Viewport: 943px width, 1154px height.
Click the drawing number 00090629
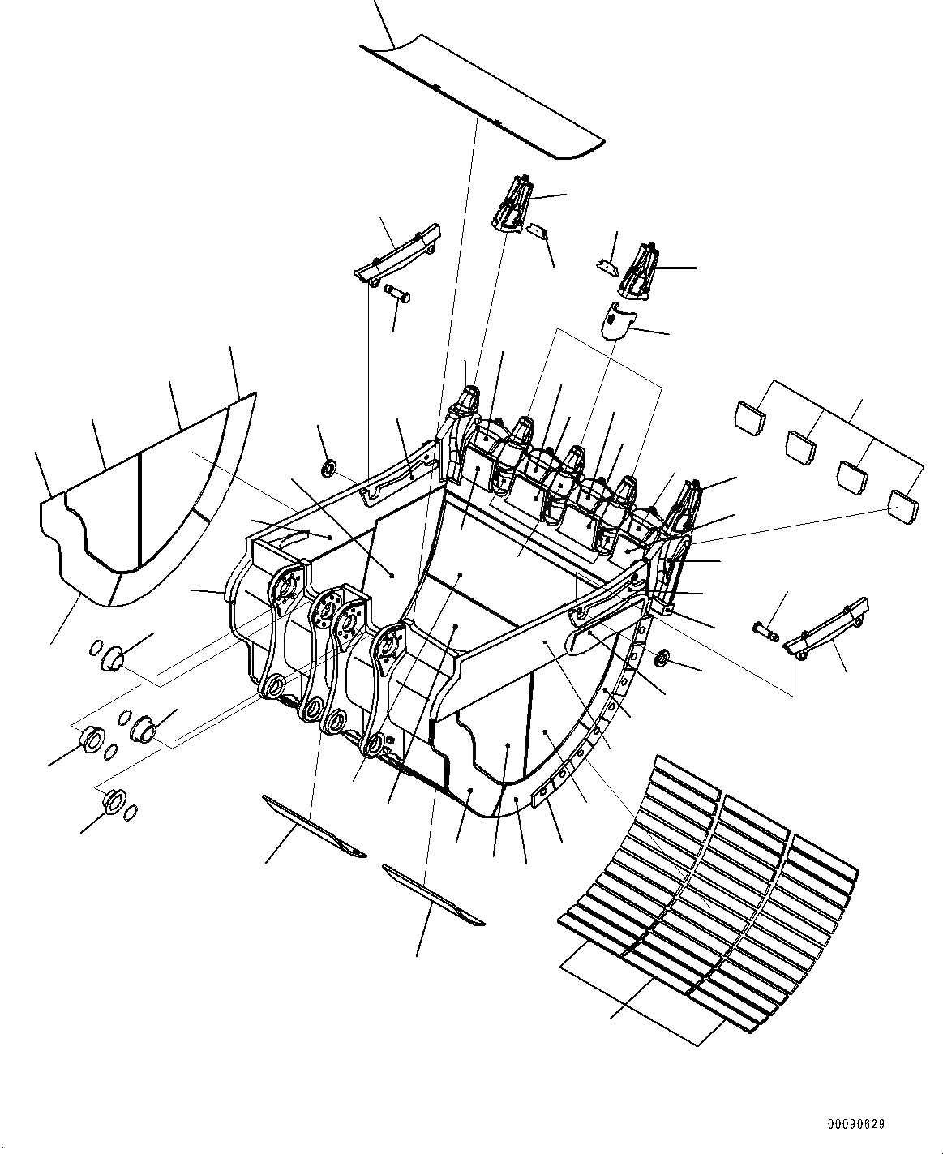tap(855, 1124)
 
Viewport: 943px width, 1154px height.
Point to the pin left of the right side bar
tap(766, 627)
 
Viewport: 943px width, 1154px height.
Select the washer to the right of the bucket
tap(662, 658)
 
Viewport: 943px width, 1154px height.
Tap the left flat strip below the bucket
tap(314, 826)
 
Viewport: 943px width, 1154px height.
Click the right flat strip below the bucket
tap(432, 894)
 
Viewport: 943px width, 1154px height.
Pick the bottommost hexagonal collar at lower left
tap(113, 804)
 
